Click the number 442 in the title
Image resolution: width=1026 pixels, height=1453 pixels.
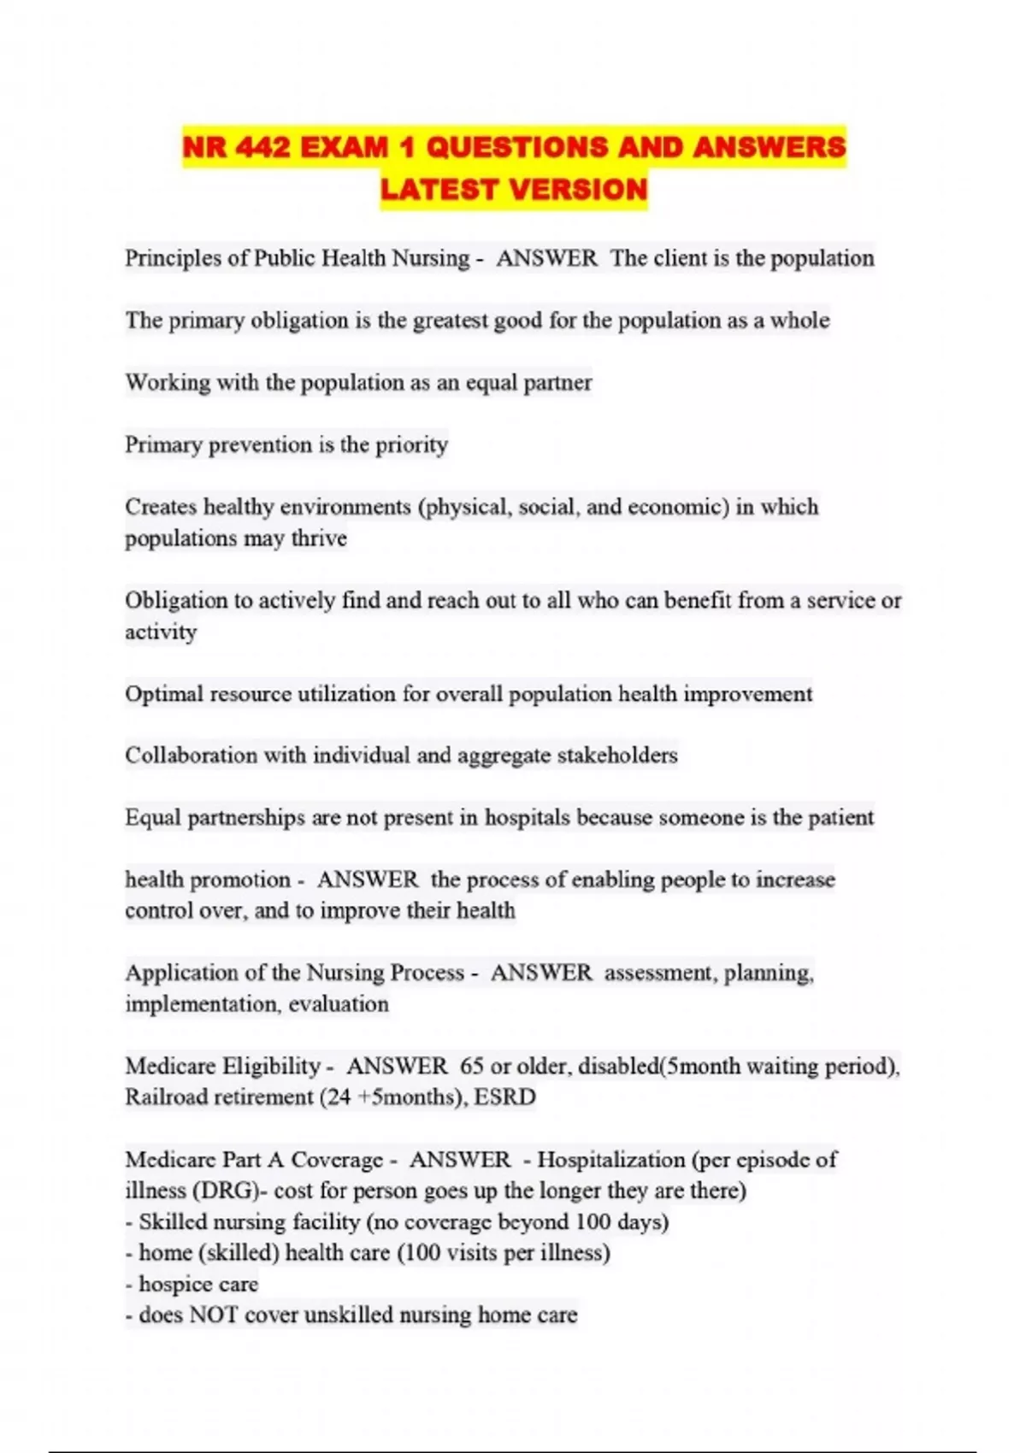(262, 148)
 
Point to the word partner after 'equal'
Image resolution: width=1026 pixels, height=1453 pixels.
(557, 382)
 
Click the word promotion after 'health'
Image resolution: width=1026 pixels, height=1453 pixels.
(241, 879)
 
